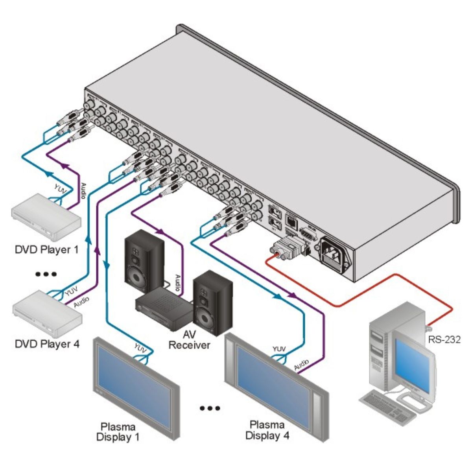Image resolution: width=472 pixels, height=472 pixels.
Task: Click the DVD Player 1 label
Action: (x=46, y=249)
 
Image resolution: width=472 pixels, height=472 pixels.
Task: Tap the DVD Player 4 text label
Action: (x=47, y=344)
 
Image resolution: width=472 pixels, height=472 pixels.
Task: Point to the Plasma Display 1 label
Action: (x=118, y=431)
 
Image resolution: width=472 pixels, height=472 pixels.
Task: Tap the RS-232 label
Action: (x=444, y=339)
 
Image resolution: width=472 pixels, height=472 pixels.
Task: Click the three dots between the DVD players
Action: (x=46, y=274)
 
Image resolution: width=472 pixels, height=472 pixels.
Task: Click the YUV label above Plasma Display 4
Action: (x=279, y=349)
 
